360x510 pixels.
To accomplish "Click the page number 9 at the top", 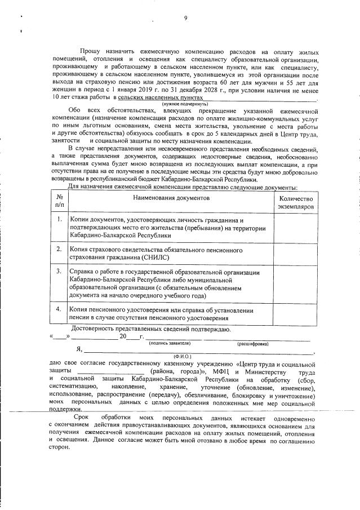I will click(x=185, y=18).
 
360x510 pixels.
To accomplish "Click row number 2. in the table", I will click(x=59, y=249).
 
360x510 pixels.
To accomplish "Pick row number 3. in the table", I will click(x=59, y=272).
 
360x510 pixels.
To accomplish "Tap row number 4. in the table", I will click(x=59, y=309).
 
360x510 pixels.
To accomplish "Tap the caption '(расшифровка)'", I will click(x=252, y=343).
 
